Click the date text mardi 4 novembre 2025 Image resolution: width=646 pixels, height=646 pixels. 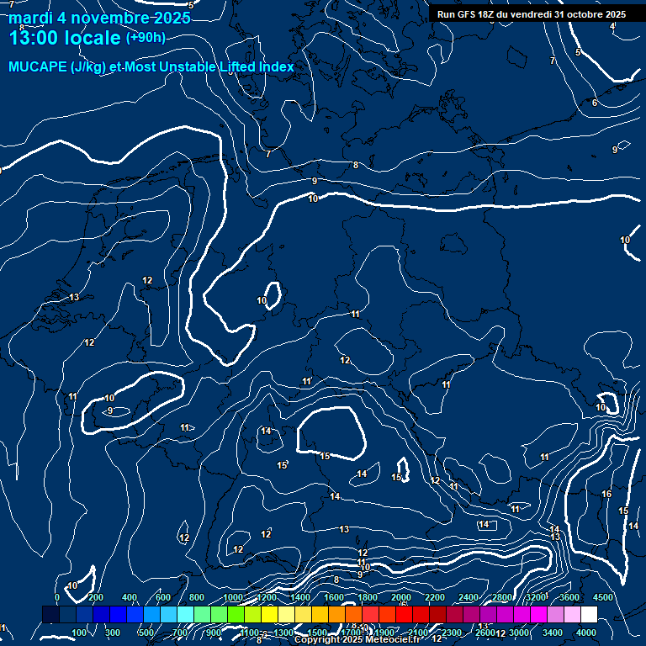(93, 18)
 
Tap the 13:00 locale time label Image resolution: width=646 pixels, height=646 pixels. (64, 37)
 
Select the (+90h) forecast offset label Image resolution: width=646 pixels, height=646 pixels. (146, 37)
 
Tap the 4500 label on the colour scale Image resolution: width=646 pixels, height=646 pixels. (603, 597)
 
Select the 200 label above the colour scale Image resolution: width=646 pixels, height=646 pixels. (95, 597)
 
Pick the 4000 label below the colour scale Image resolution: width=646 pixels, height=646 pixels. (587, 633)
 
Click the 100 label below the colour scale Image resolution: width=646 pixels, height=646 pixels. (79, 633)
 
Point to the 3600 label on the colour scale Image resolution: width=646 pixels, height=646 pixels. (569, 597)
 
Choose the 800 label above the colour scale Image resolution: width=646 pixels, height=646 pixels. (197, 597)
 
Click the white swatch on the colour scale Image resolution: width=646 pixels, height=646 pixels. (589, 615)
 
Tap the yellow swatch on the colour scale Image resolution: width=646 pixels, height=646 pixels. (286, 615)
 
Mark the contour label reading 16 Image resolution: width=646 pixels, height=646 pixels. (606, 495)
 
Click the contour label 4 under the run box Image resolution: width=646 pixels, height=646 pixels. (612, 27)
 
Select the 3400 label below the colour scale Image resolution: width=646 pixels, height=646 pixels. (553, 633)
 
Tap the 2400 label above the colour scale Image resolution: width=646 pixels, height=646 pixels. (468, 597)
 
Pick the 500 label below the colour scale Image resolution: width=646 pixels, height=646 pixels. (146, 633)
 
